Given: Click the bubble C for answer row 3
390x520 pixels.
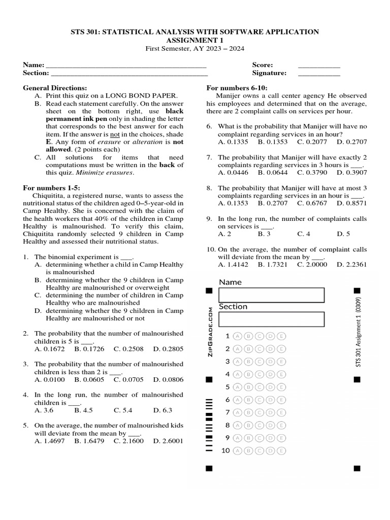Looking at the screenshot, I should [260, 362].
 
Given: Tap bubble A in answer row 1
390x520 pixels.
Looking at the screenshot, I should [237, 336].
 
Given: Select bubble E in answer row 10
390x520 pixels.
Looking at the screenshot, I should [282, 450].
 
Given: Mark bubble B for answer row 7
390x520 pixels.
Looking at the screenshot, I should [248, 412].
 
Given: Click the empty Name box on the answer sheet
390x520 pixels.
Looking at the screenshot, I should [271, 295].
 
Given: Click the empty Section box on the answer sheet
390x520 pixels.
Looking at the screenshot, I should [271, 319].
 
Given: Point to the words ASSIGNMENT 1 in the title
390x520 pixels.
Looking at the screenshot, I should [194, 40].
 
